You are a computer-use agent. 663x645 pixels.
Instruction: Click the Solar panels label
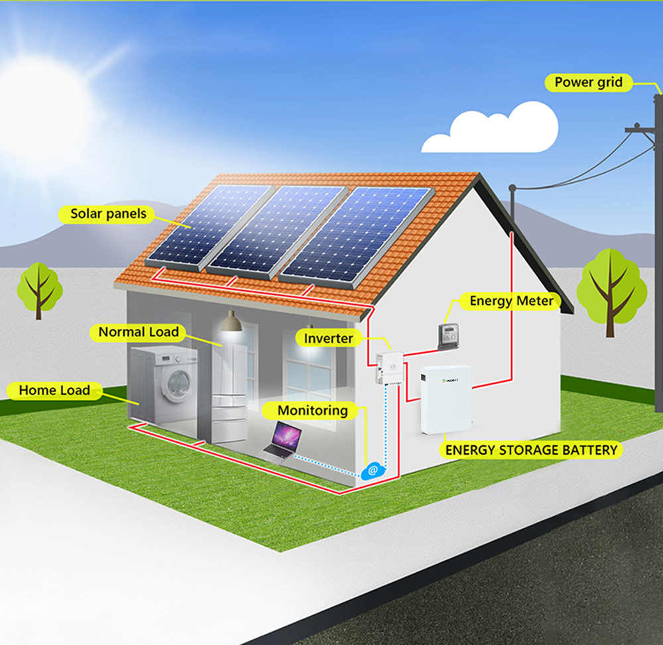(x=108, y=214)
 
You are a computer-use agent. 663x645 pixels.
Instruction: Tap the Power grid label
(x=588, y=82)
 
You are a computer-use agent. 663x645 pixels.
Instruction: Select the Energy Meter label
(x=511, y=301)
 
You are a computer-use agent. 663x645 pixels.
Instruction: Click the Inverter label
(x=328, y=338)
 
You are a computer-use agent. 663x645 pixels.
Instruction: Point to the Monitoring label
(x=312, y=410)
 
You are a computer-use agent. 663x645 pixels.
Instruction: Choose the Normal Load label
(x=139, y=332)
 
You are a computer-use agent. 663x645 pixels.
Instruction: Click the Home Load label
(x=54, y=390)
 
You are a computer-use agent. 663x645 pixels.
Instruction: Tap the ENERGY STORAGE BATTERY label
(x=531, y=450)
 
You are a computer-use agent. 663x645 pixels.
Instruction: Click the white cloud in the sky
(x=491, y=128)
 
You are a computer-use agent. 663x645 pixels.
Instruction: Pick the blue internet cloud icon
(x=373, y=470)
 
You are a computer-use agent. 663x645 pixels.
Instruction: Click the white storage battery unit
(x=446, y=400)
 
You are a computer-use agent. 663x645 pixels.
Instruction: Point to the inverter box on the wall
(x=390, y=367)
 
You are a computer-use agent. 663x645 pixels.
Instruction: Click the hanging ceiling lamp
(x=231, y=322)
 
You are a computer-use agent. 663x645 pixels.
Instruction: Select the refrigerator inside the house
(x=229, y=389)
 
